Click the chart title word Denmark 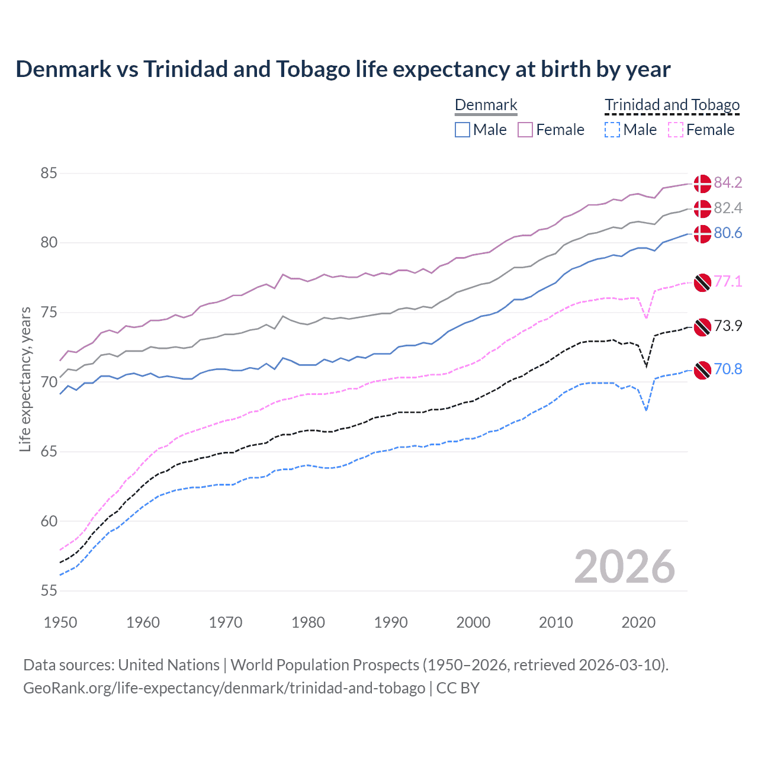(63, 69)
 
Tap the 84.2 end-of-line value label (728, 182)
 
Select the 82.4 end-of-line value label (728, 208)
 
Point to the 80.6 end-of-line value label (728, 233)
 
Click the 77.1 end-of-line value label (728, 281)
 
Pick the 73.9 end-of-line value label (728, 326)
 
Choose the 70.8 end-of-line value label (728, 369)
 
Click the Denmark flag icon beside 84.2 (702, 184)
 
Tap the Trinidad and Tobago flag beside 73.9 (702, 326)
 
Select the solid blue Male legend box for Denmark (462, 130)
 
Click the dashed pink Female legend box (676, 130)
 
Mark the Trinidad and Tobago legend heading (672, 105)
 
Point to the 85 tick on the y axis (49, 174)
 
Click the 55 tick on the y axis (49, 590)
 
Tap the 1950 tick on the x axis (60, 622)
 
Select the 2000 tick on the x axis (473, 622)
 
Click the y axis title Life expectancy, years (25, 379)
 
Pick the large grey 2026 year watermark (624, 567)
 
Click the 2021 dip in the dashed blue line (646, 410)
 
